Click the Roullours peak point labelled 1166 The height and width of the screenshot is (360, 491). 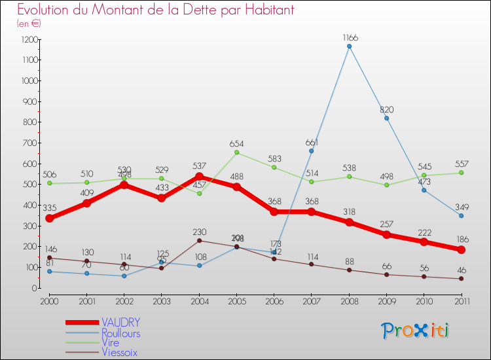click(x=349, y=46)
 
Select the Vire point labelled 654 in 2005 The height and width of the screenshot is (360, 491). click(x=237, y=153)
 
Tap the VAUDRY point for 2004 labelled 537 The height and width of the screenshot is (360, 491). click(x=199, y=177)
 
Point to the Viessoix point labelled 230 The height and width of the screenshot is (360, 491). click(x=199, y=240)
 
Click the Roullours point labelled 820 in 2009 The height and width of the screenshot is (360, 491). click(x=387, y=118)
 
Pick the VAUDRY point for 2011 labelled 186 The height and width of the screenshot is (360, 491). click(x=462, y=249)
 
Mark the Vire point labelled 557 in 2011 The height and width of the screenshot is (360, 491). click(x=462, y=173)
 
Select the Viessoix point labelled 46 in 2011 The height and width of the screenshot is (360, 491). click(x=462, y=279)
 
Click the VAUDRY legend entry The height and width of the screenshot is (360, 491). click(x=120, y=323)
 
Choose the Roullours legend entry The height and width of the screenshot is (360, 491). click(x=120, y=333)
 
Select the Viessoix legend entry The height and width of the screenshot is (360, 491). click(x=119, y=353)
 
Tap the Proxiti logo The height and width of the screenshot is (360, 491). click(x=416, y=331)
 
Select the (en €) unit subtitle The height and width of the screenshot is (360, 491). click(x=29, y=24)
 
